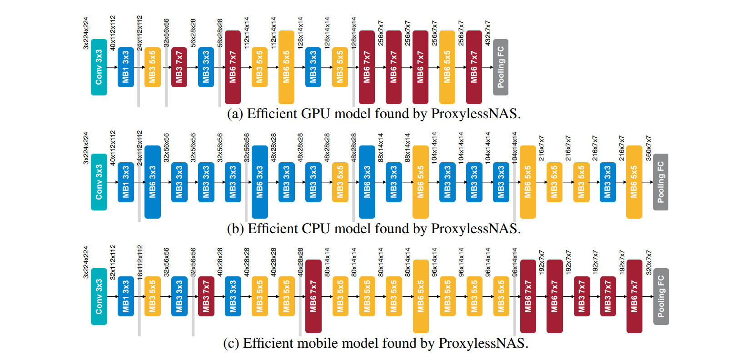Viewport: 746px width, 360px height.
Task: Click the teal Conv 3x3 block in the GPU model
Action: point(99,67)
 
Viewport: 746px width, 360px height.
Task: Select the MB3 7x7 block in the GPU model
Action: point(179,67)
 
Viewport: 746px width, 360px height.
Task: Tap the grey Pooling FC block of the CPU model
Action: point(660,182)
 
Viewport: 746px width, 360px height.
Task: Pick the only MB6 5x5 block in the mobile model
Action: point(421,296)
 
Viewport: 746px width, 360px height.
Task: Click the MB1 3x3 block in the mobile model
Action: point(125,296)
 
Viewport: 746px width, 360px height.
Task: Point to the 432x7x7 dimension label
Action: point(487,33)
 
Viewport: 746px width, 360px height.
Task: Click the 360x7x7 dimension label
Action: point(648,148)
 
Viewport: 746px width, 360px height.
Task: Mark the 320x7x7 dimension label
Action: point(648,262)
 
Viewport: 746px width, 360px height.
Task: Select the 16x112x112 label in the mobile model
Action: point(140,261)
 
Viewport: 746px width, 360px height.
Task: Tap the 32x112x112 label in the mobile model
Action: point(113,261)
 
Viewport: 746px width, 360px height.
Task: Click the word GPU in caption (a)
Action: point(315,114)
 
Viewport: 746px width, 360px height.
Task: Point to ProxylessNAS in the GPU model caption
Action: point(475,114)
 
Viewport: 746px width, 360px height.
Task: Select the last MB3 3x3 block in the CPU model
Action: point(607,182)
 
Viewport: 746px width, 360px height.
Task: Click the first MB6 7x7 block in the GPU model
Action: point(233,67)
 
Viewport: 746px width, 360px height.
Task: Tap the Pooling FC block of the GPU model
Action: point(500,67)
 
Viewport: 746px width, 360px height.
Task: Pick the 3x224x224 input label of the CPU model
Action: point(86,148)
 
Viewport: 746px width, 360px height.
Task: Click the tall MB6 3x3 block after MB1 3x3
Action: point(152,182)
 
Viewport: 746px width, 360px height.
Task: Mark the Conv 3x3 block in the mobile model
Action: point(99,296)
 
